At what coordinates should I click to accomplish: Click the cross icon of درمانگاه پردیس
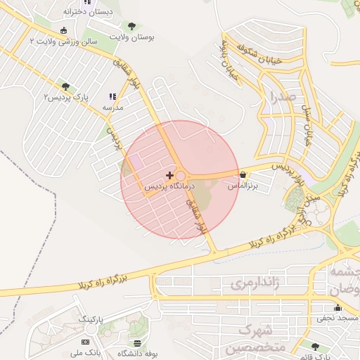pyautogui.click(x=169, y=174)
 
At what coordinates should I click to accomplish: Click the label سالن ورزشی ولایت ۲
pyautogui.click(x=63, y=42)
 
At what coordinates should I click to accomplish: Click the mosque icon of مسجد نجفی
pyautogui.click(x=337, y=307)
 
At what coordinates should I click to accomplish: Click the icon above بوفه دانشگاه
pyautogui.click(x=137, y=342)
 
